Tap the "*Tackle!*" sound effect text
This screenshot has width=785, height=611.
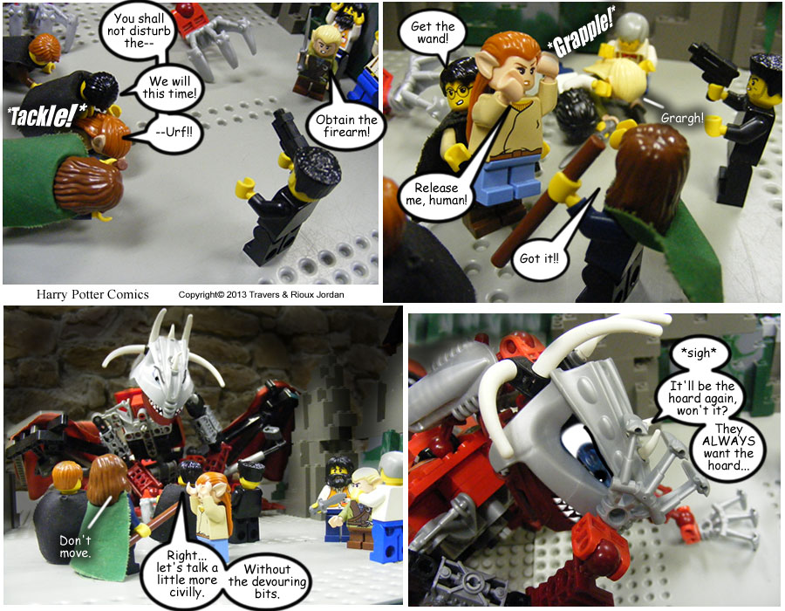point(47,116)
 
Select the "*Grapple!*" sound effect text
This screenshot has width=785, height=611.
point(581,31)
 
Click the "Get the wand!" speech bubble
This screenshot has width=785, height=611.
point(432,32)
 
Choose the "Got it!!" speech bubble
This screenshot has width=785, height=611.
point(539,258)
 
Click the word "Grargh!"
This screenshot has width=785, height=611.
point(682,118)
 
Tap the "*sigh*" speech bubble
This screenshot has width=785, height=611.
point(699,354)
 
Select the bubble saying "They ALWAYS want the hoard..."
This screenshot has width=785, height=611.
point(728,447)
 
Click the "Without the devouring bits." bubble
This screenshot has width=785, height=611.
point(267,581)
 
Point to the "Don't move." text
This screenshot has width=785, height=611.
point(75,546)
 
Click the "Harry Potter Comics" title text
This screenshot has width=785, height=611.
point(92,294)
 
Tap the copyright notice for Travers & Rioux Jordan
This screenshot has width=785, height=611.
point(262,294)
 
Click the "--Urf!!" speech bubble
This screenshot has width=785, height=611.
point(174,133)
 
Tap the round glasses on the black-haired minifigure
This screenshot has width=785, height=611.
point(459,93)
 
